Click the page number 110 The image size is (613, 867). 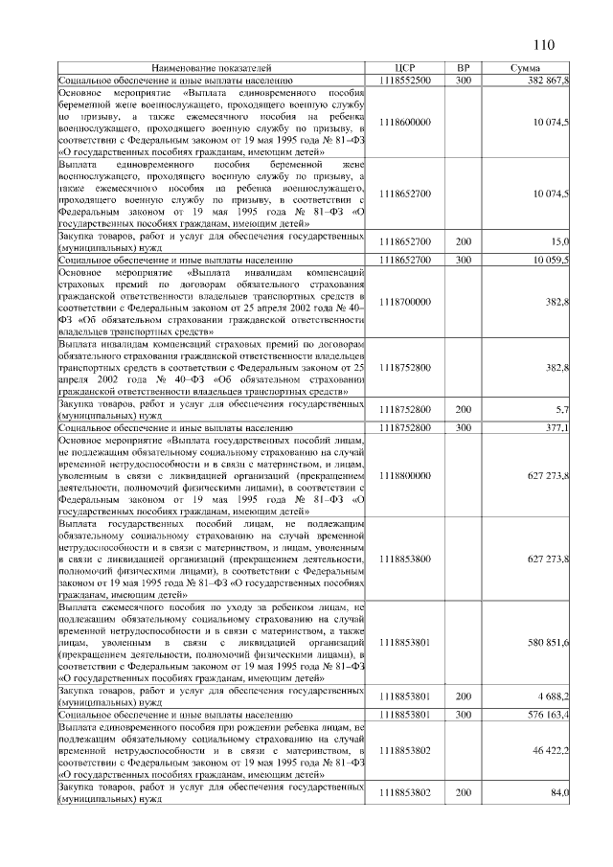click(542, 44)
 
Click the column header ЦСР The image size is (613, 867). click(404, 68)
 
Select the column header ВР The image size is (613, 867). click(464, 68)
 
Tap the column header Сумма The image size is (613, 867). click(525, 68)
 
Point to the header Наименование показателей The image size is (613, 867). click(211, 68)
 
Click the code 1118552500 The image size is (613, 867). click(404, 81)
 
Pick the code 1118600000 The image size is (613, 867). click(404, 122)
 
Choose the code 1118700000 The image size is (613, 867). click(404, 301)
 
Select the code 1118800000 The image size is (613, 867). click(404, 474)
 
